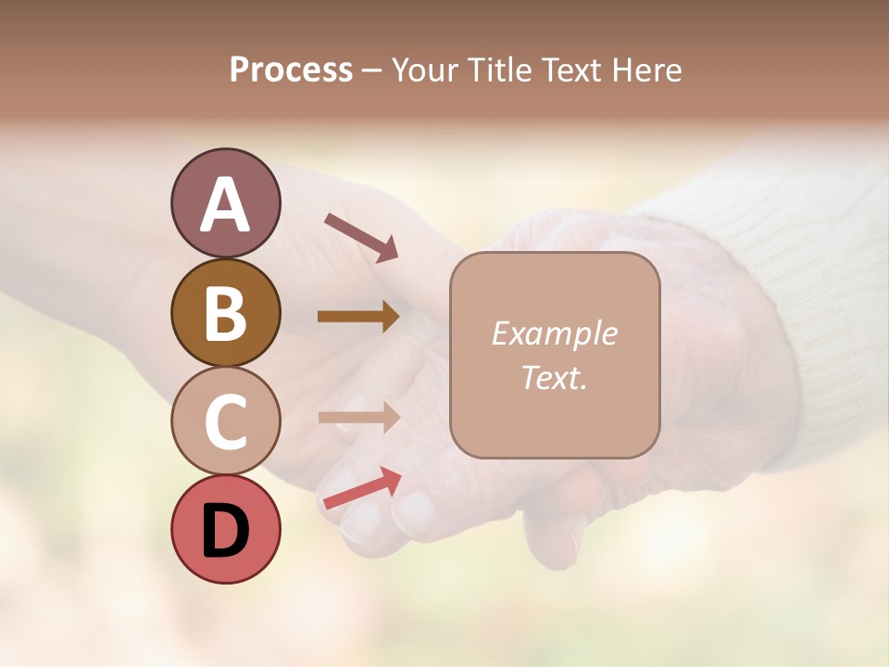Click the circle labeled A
(x=225, y=203)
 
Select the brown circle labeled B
(x=225, y=312)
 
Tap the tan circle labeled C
(x=225, y=421)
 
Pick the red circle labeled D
(x=225, y=529)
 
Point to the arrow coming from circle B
(x=358, y=317)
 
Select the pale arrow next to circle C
(x=358, y=417)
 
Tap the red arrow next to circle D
(x=361, y=488)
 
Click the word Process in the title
(x=291, y=70)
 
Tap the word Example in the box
(x=554, y=333)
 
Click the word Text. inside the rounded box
(x=554, y=377)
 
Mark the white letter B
(x=225, y=313)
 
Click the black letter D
(x=225, y=531)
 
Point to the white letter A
(x=225, y=204)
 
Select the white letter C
(x=225, y=422)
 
